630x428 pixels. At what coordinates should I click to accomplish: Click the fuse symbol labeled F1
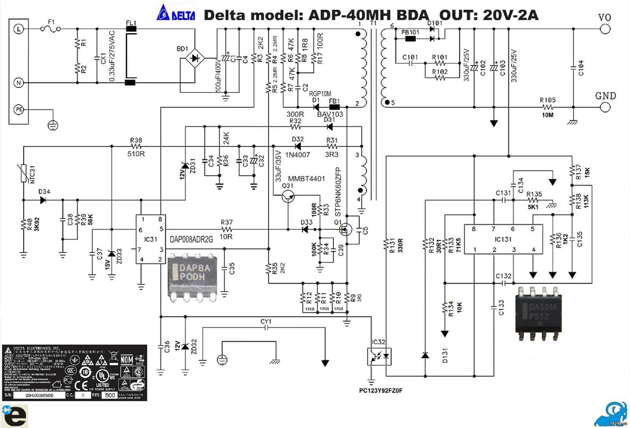tap(50, 29)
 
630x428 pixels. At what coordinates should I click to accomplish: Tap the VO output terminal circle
tap(605, 29)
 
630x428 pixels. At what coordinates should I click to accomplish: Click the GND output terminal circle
tap(605, 107)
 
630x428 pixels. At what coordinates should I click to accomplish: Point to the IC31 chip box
tap(150, 239)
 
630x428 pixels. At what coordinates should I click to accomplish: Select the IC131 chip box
tap(503, 239)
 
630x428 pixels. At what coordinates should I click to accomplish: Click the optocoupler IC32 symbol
tap(379, 356)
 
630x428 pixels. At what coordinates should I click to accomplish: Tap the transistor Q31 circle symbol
tap(288, 197)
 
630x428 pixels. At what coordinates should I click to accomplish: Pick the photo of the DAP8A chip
tap(193, 277)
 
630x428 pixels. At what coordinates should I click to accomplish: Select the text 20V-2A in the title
tap(510, 15)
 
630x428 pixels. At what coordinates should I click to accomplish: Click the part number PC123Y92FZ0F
tap(380, 391)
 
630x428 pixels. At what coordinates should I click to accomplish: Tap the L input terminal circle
tap(19, 29)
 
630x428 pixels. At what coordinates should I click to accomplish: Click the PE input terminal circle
tap(19, 110)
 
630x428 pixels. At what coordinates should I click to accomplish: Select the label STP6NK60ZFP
tap(338, 192)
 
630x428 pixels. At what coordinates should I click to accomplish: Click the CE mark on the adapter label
tap(82, 385)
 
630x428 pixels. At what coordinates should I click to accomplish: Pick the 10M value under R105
tap(547, 115)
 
